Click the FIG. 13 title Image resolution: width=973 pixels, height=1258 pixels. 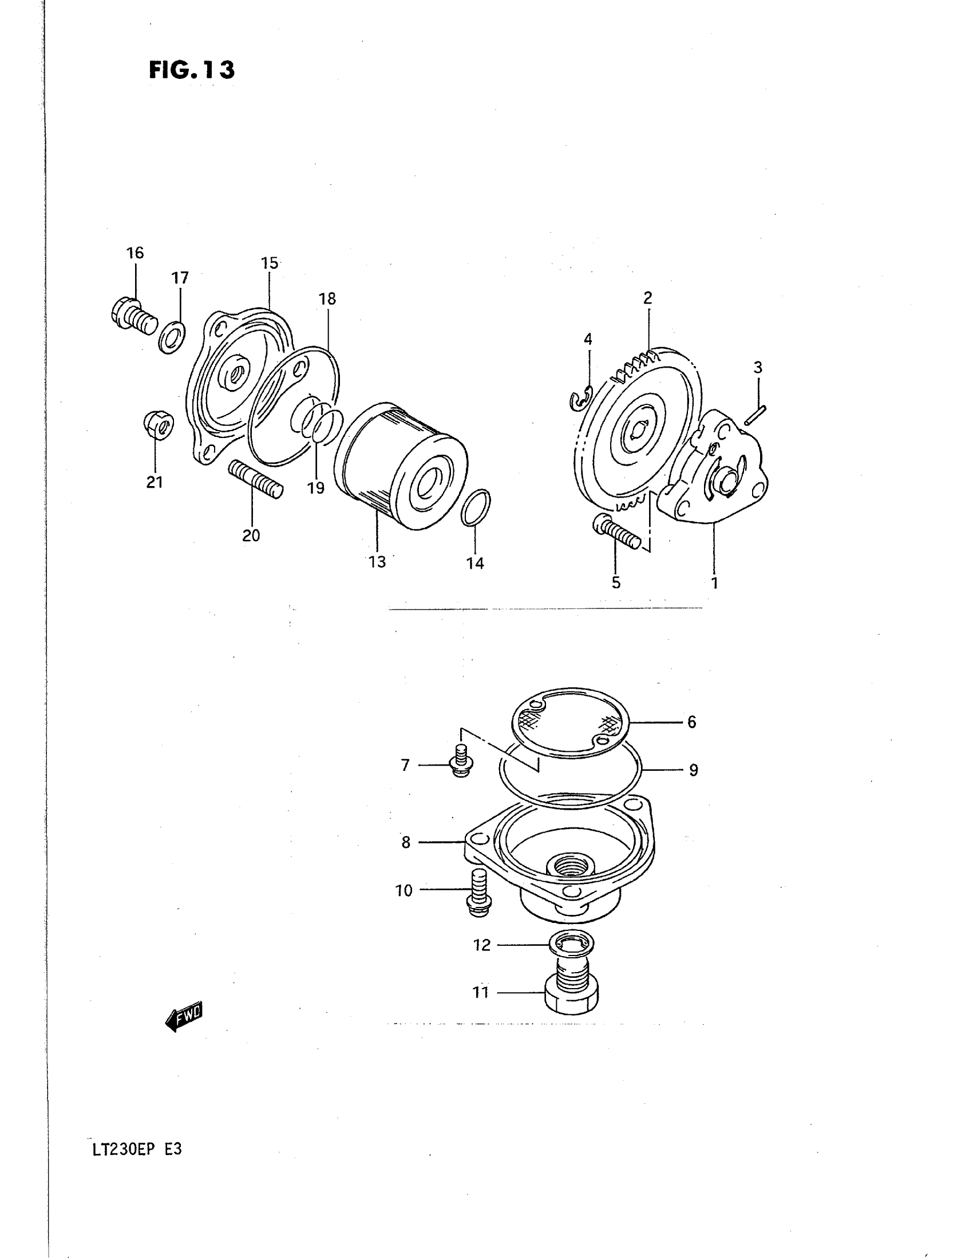click(191, 70)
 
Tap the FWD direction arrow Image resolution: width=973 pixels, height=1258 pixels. click(184, 1017)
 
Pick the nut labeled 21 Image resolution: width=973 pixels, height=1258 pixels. click(157, 426)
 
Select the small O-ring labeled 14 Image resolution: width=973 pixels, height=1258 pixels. click(476, 507)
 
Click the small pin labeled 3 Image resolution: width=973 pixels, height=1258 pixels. click(754, 415)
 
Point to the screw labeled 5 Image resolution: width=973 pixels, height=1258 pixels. click(616, 530)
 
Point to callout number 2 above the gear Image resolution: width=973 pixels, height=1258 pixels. click(648, 298)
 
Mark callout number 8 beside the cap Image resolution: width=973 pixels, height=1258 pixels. click(406, 843)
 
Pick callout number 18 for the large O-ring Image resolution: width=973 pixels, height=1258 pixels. click(327, 299)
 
